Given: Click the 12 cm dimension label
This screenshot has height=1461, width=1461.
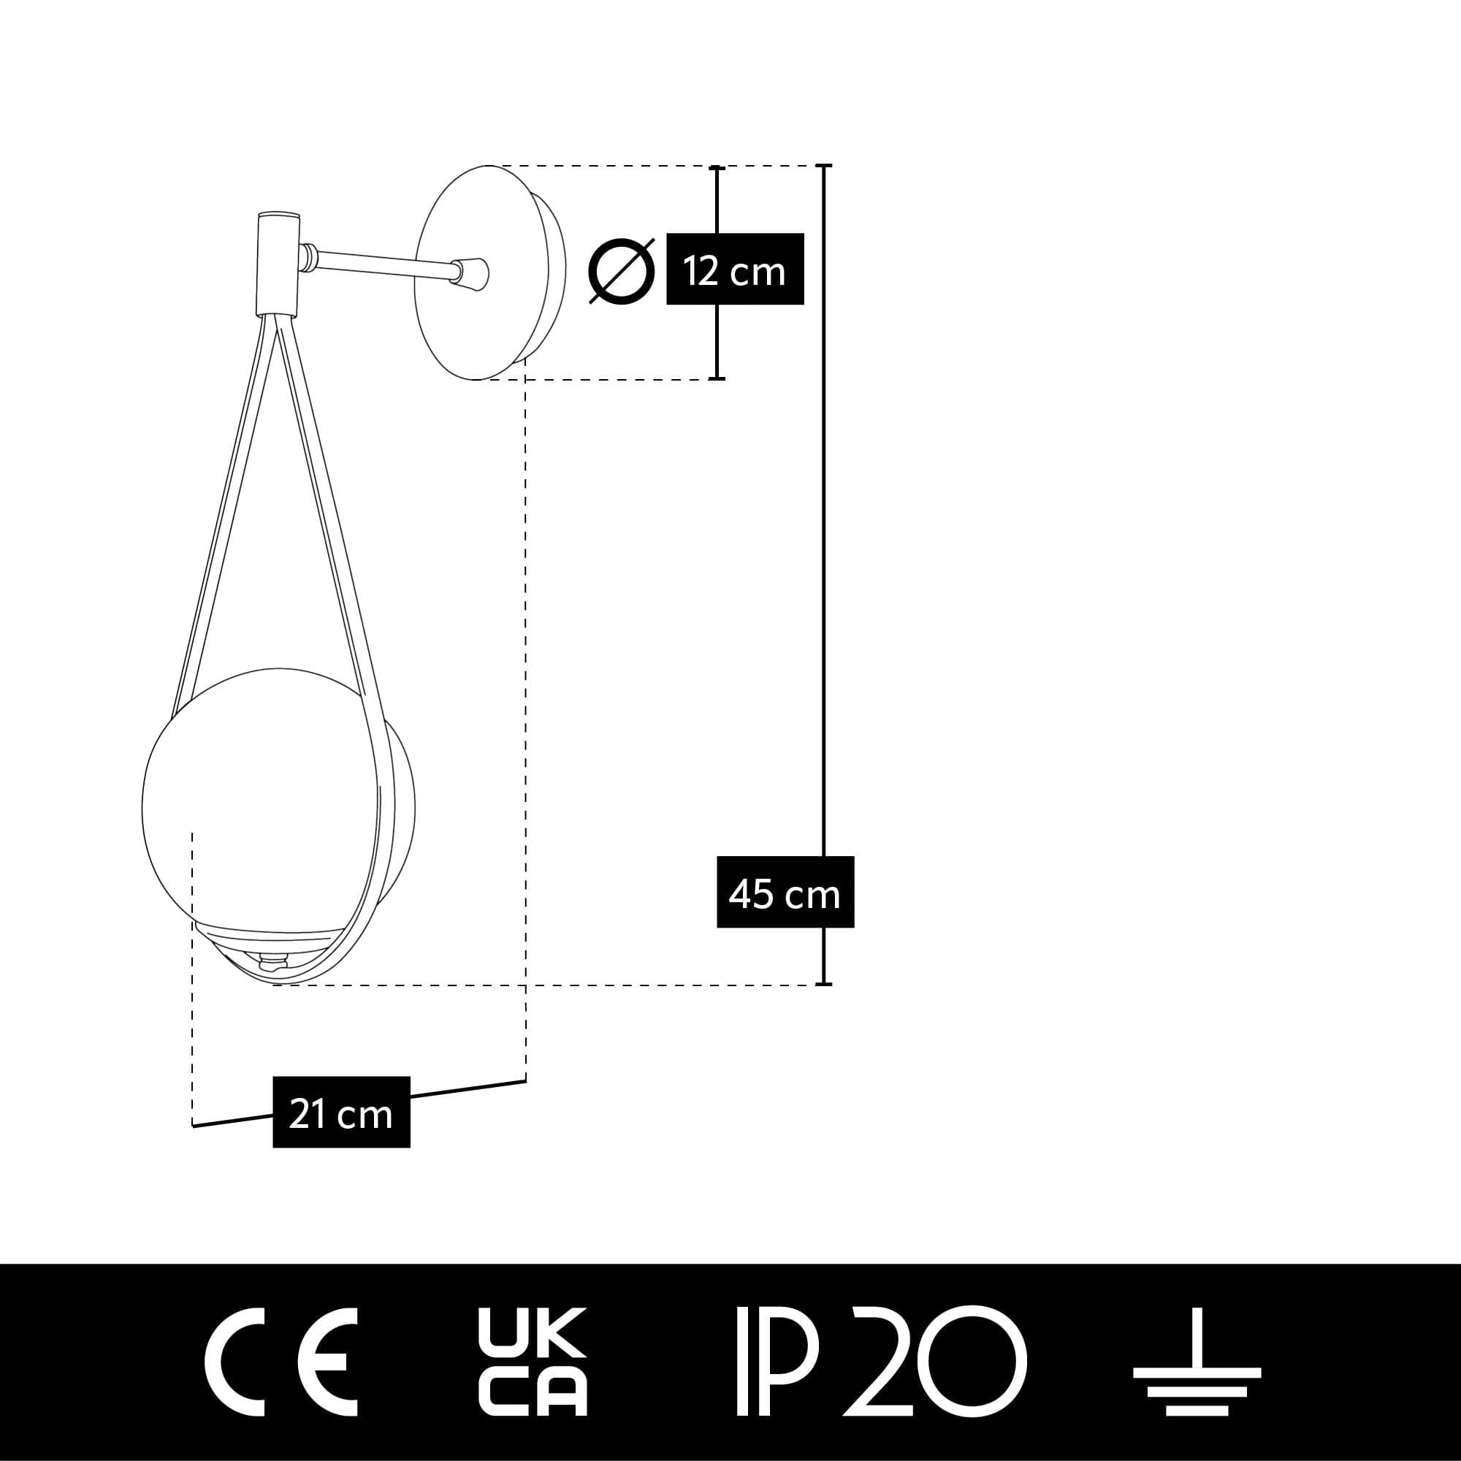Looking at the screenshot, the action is point(734,270).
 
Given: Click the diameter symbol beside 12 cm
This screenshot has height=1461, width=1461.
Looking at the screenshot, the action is point(622,271).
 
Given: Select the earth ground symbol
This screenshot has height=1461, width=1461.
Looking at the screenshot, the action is point(1197,1361).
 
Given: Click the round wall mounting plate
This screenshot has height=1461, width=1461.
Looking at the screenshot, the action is point(490,272).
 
